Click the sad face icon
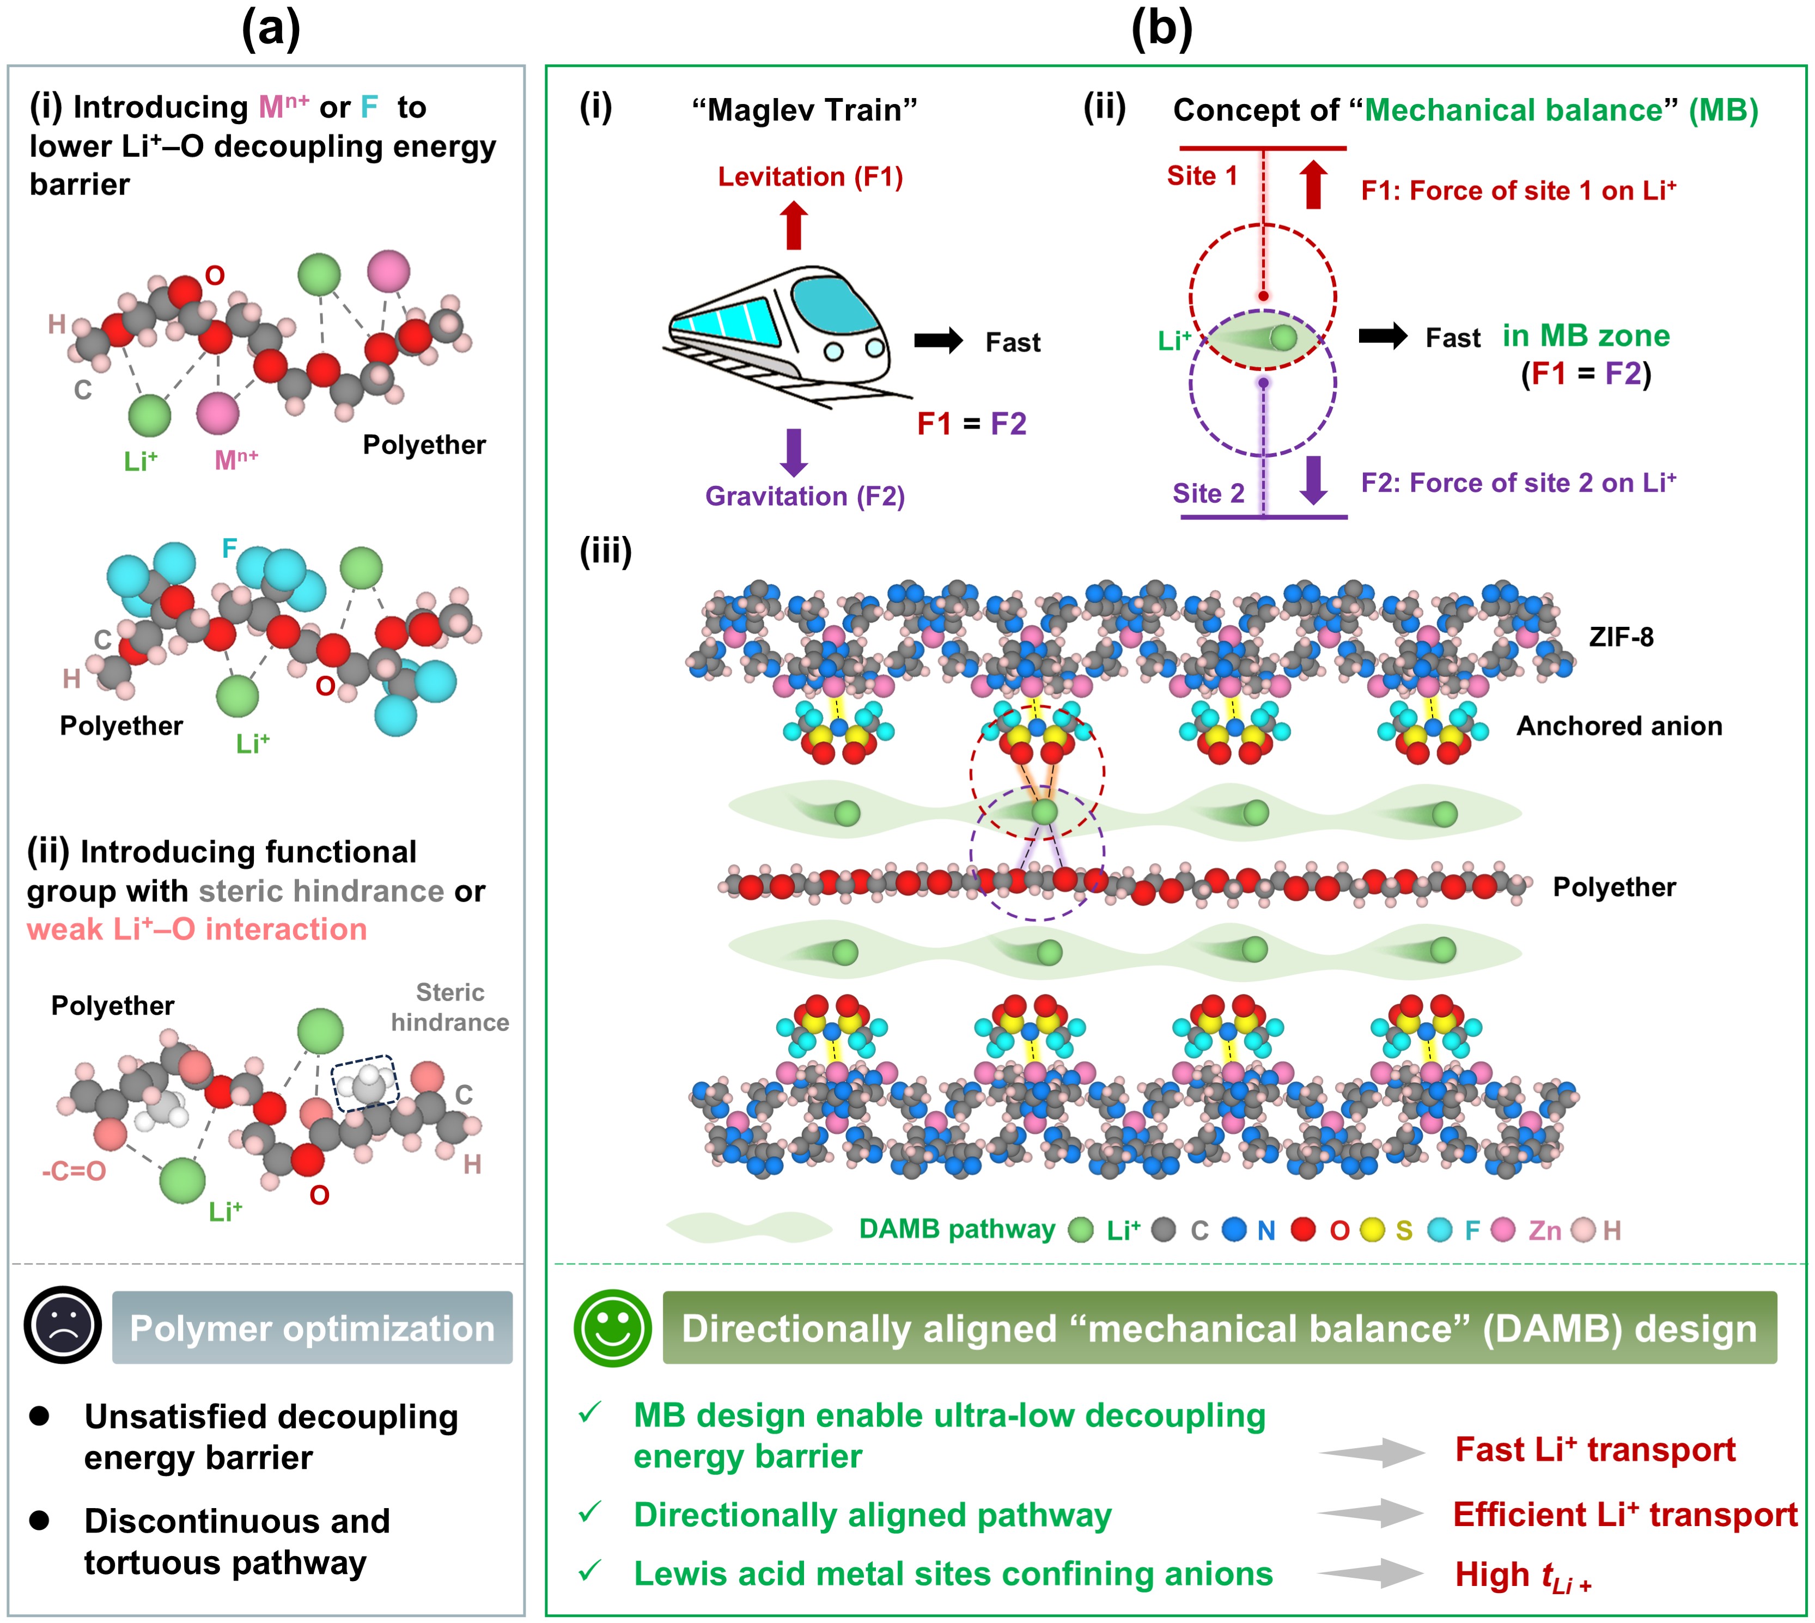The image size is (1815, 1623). pos(63,1325)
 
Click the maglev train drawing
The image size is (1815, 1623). pos(785,334)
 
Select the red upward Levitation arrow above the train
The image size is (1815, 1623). pos(794,225)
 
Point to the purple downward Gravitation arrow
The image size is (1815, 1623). pos(794,452)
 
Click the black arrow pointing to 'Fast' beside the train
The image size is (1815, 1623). pos(938,340)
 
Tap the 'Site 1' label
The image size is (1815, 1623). pos(1202,176)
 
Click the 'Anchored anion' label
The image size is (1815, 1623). pos(1619,726)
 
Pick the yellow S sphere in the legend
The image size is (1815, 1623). pos(1373,1230)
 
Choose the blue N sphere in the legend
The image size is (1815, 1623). pos(1234,1230)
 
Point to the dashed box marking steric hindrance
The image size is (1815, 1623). pos(364,1083)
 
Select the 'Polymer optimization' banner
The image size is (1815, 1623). pos(312,1328)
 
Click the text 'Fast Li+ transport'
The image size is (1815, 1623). pos(1595,1449)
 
